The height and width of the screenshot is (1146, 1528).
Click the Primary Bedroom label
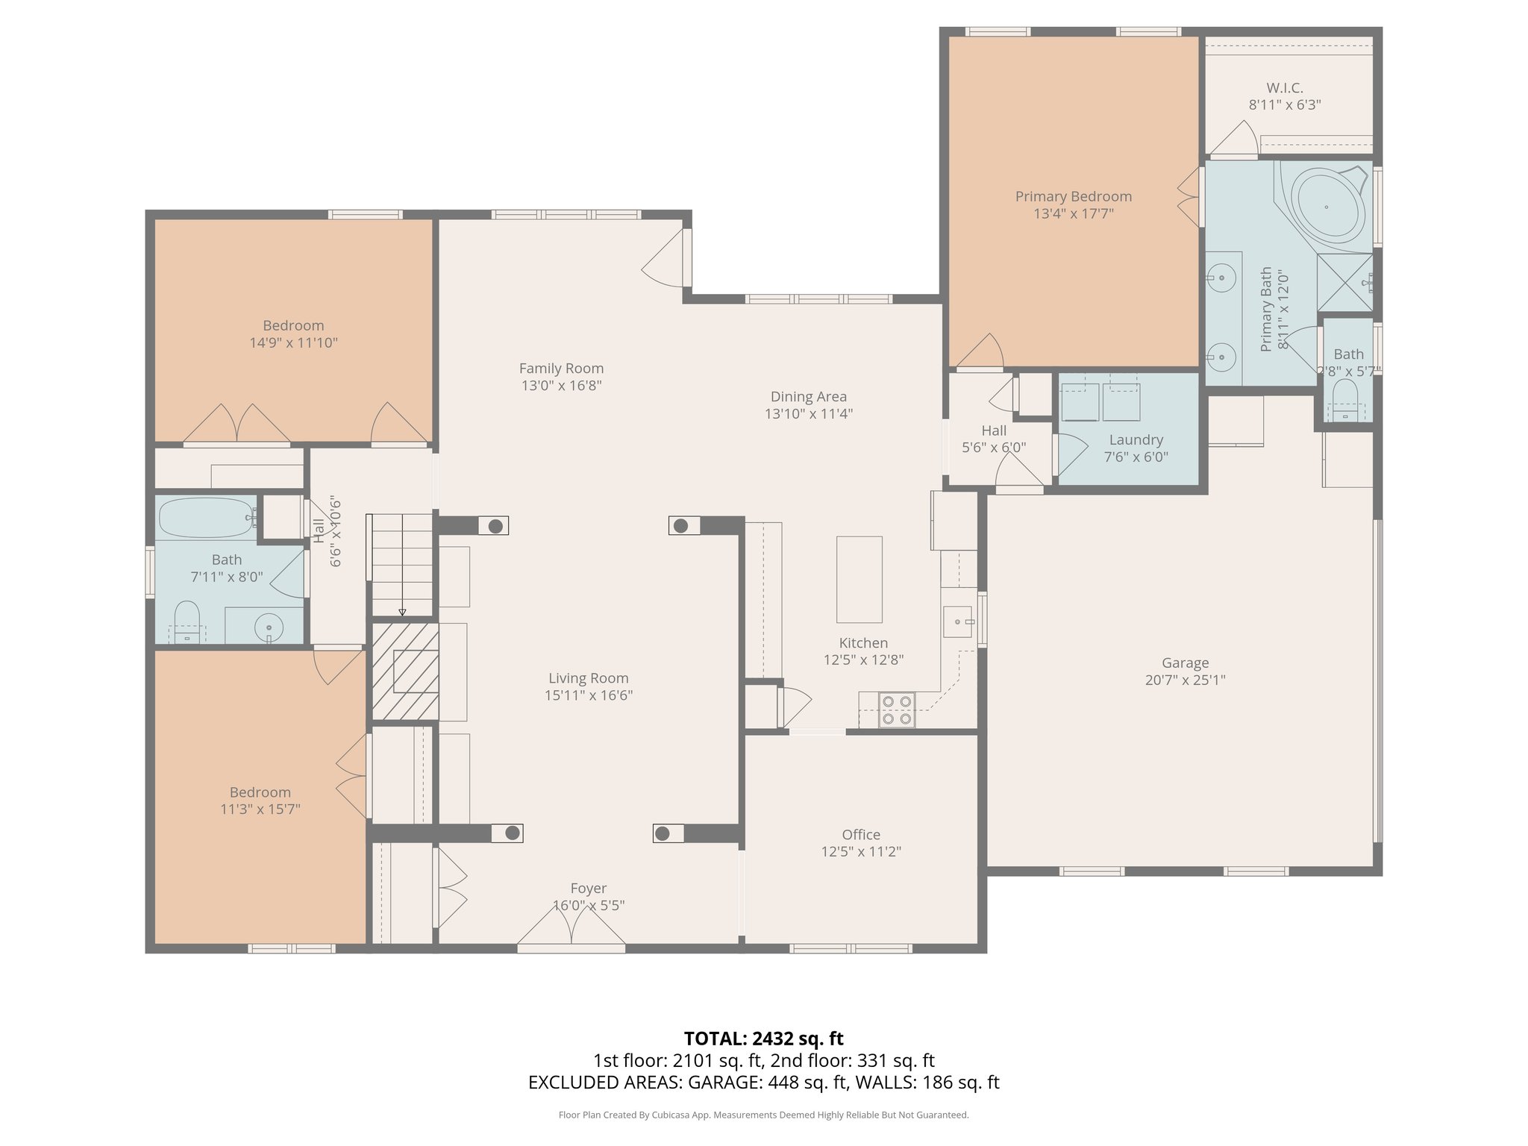(1073, 196)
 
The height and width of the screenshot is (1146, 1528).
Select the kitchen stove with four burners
(896, 710)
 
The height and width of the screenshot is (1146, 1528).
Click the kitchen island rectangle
(859, 580)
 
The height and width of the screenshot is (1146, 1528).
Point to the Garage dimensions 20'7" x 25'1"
(1185, 680)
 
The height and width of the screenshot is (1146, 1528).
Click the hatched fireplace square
(405, 671)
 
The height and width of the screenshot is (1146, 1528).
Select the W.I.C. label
(1285, 88)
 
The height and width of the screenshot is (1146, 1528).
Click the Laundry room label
(1136, 439)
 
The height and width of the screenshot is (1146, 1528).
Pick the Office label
(861, 834)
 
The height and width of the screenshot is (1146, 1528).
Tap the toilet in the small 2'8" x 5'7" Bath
(1347, 400)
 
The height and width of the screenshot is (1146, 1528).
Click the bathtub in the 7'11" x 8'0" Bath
(206, 517)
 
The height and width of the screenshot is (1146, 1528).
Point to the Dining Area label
(808, 396)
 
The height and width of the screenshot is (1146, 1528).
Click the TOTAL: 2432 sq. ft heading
(763, 1038)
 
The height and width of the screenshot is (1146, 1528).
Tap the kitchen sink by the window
(957, 621)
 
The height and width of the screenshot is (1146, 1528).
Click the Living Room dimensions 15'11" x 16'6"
(589, 695)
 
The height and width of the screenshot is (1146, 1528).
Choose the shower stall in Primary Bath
(1344, 282)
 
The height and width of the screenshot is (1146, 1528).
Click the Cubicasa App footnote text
(763, 1115)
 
